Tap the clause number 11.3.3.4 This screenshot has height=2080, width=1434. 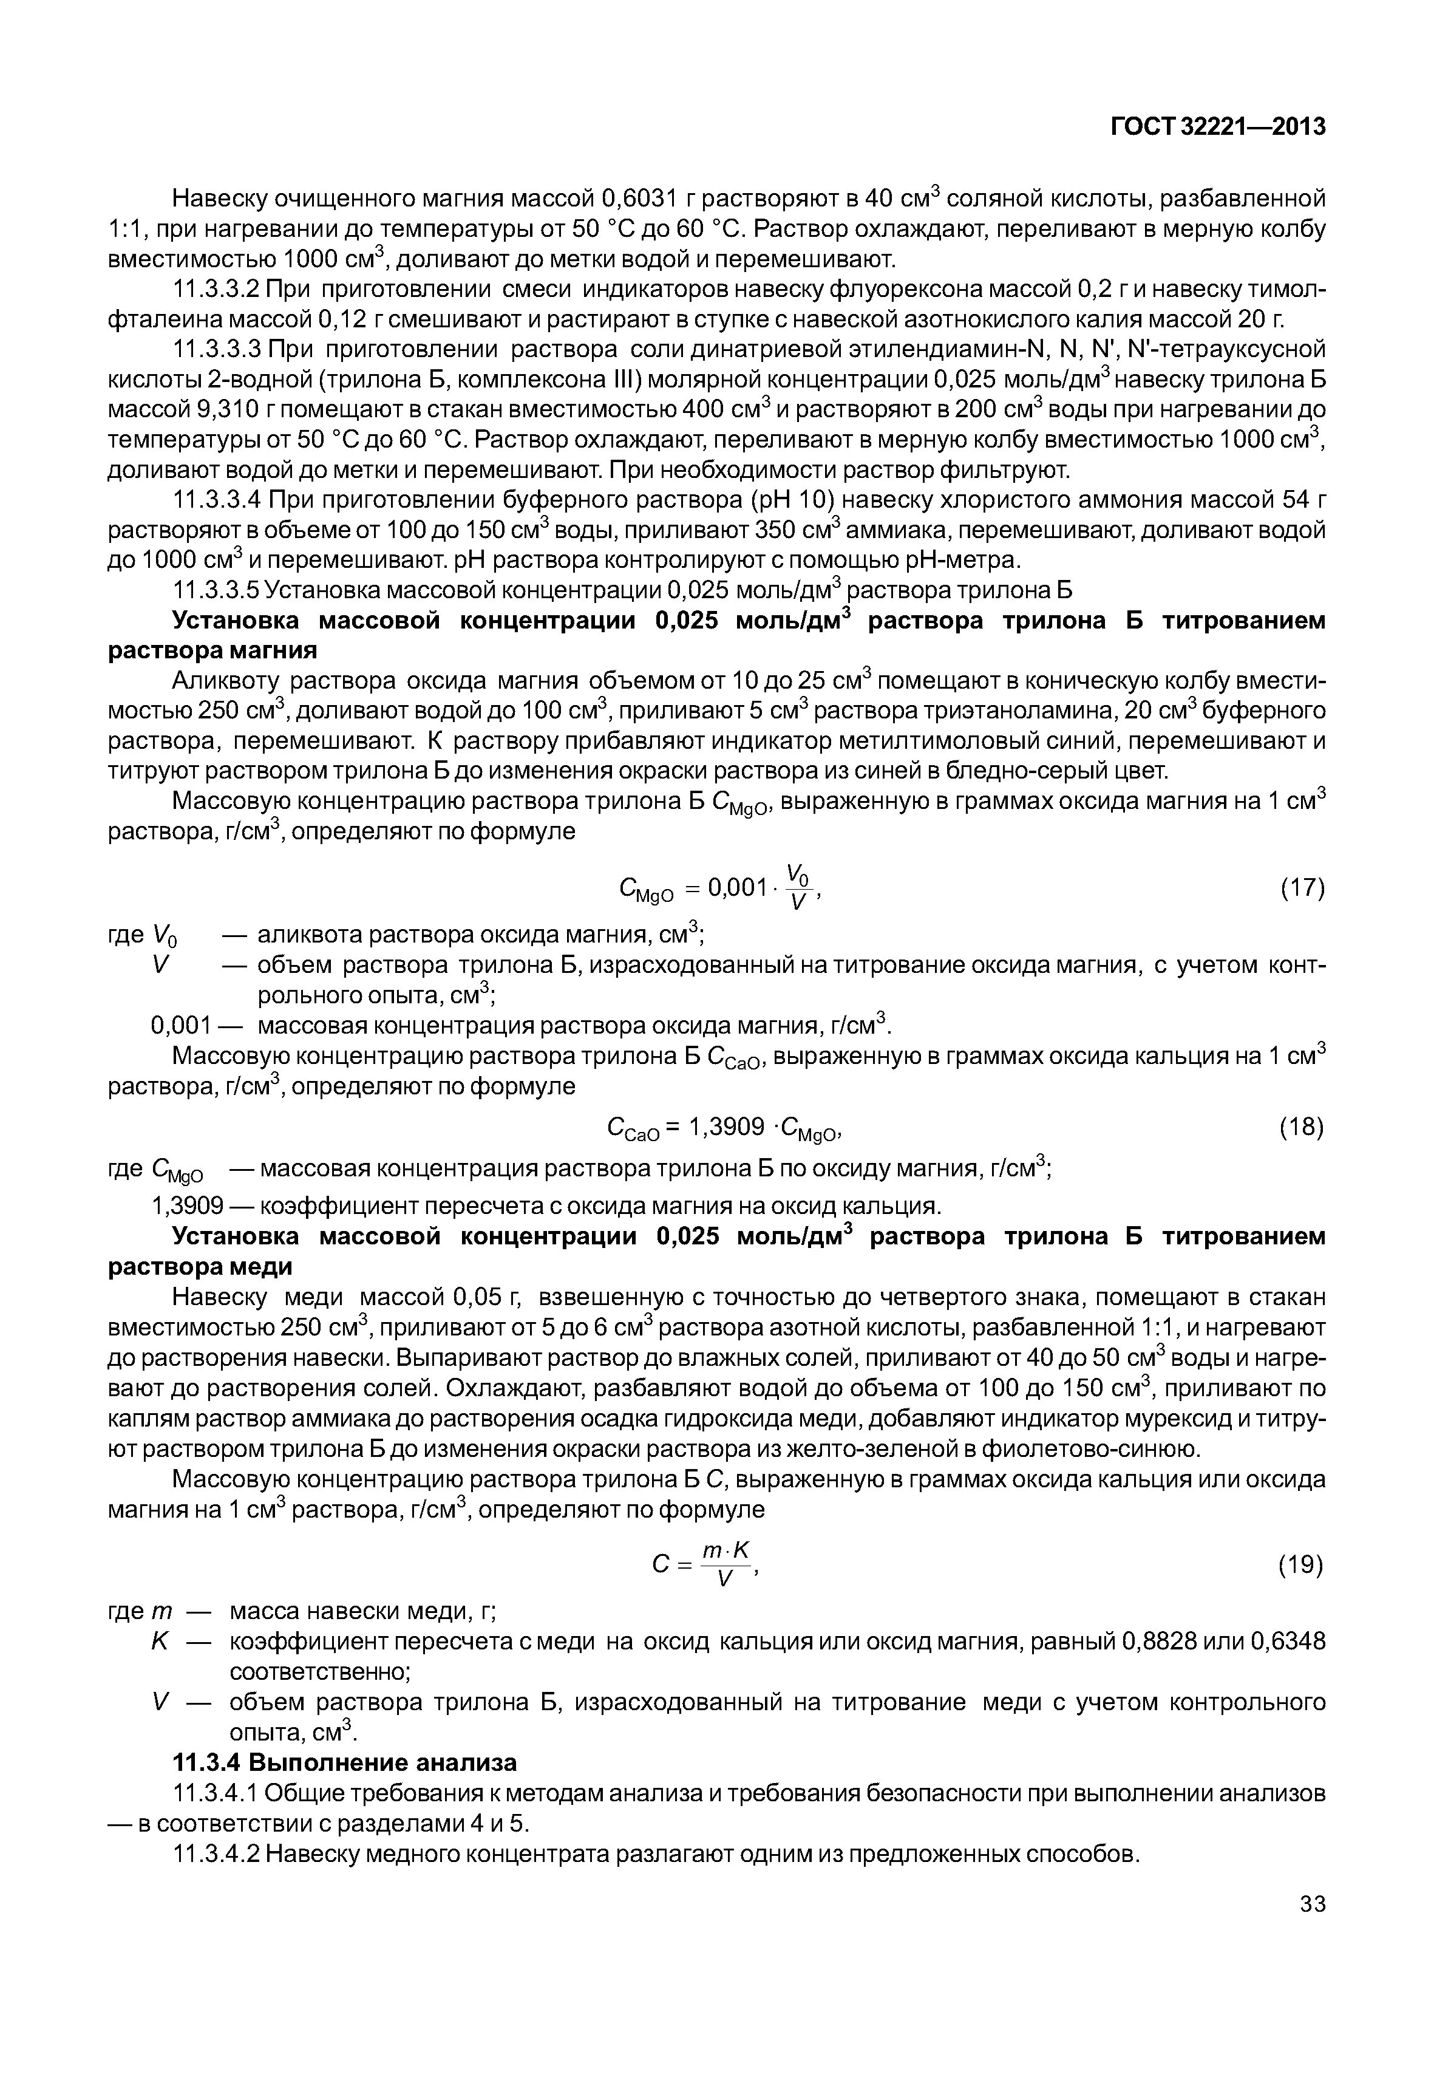point(216,500)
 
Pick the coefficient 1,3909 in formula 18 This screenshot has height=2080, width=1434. point(727,1127)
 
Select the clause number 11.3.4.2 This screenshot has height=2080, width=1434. point(216,1853)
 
